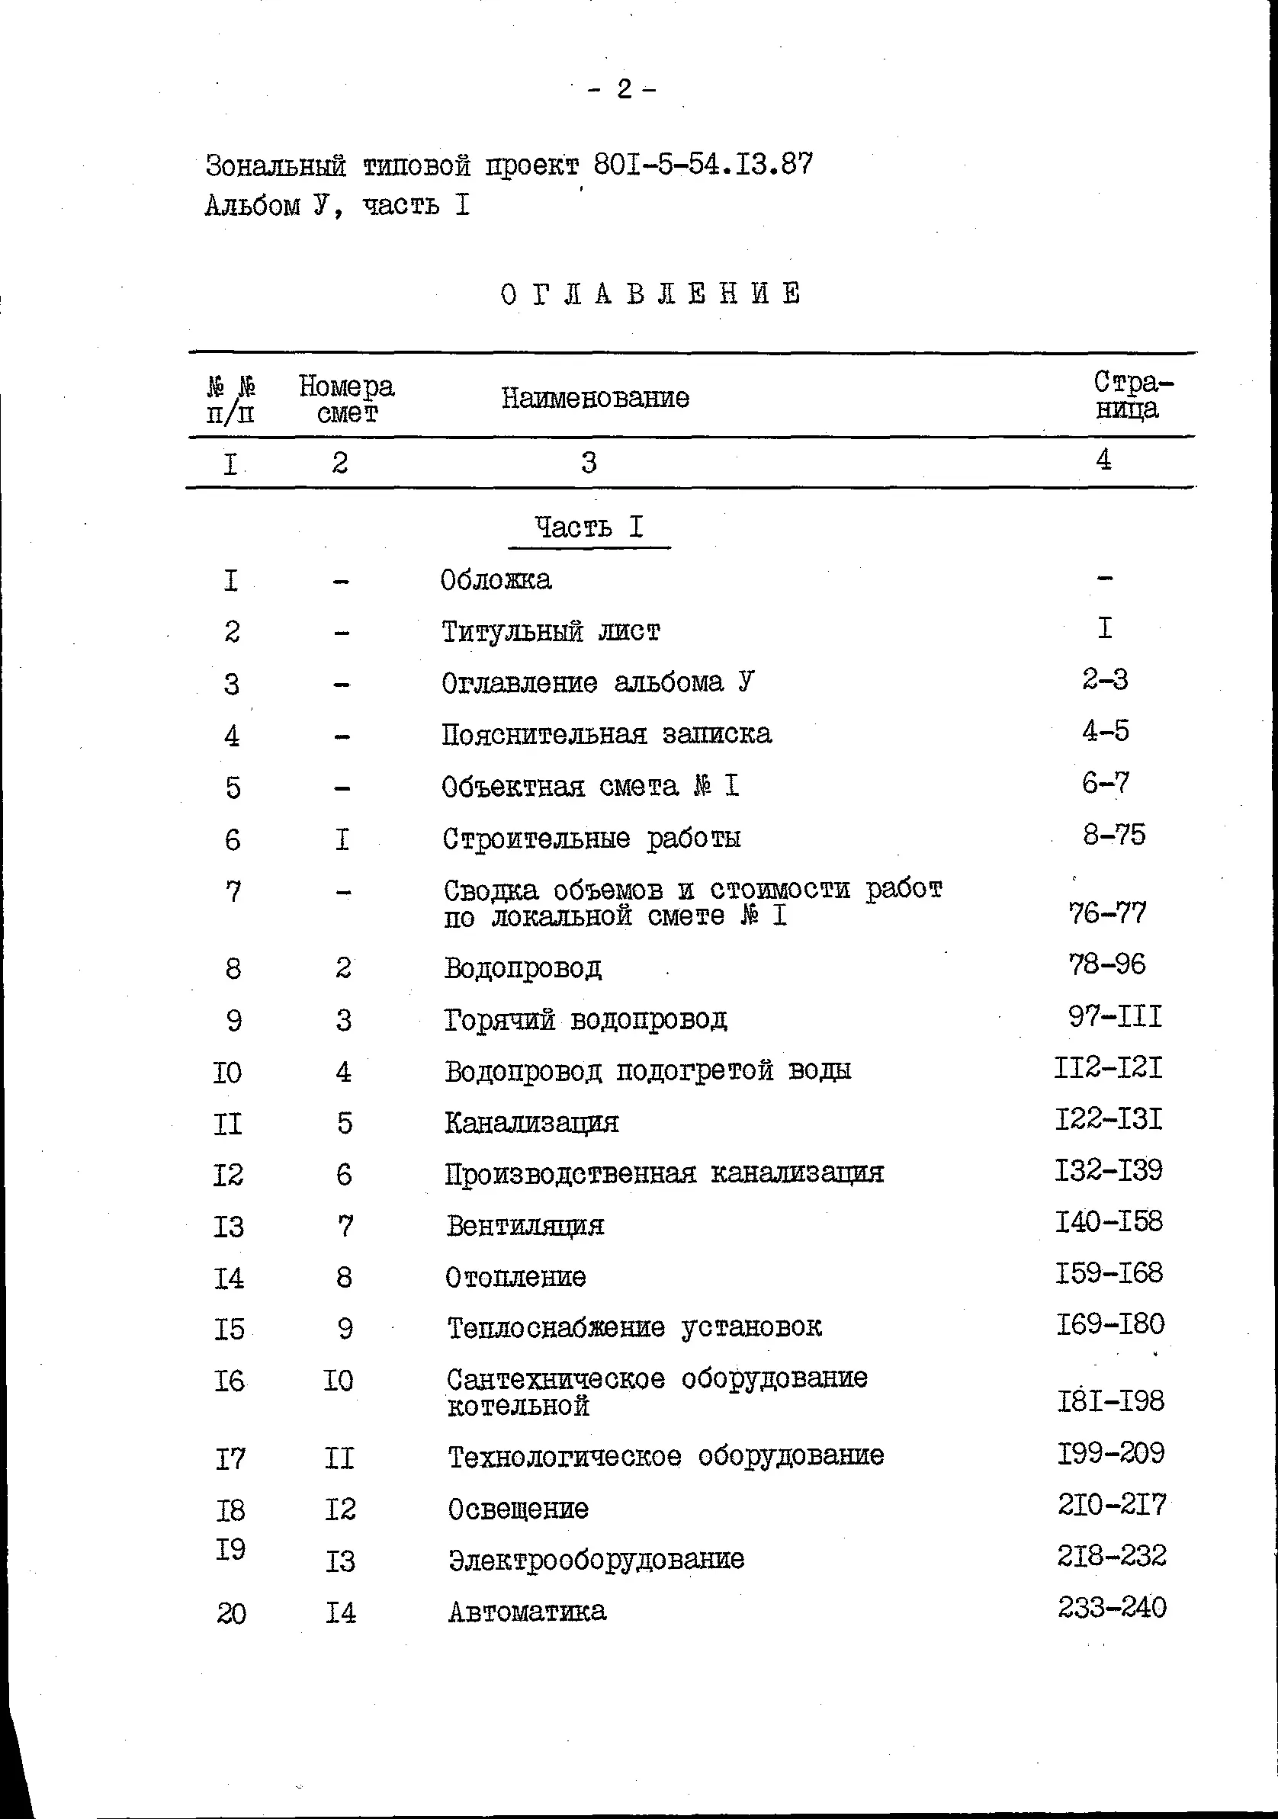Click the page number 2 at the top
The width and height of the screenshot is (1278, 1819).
[x=624, y=89]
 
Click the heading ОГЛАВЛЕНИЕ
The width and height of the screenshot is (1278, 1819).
[x=651, y=294]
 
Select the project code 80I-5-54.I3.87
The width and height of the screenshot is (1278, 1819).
[x=703, y=164]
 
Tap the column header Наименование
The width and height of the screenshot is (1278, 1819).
[x=595, y=397]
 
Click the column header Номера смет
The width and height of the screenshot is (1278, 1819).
[x=346, y=399]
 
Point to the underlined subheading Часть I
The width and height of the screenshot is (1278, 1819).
[x=589, y=528]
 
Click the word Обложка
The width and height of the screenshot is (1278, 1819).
[x=496, y=580]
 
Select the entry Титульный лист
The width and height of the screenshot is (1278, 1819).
[x=550, y=631]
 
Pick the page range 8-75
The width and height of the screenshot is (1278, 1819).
[x=1114, y=834]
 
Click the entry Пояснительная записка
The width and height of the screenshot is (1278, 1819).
[x=606, y=734]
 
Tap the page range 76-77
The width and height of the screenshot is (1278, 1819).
[x=1107, y=913]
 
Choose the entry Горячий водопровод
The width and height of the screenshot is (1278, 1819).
[x=586, y=1019]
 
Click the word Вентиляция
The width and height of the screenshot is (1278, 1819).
[x=525, y=1226]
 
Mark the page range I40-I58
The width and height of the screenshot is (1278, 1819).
[x=1109, y=1221]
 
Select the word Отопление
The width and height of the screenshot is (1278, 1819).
[x=515, y=1277]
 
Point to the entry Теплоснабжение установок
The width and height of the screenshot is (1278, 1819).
[x=634, y=1327]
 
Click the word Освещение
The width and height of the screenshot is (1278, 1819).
[x=519, y=1509]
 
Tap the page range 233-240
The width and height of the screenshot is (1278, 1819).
[x=1112, y=1608]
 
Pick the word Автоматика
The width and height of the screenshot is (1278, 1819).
[x=528, y=1612]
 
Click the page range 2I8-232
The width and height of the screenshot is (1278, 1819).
[x=1112, y=1556]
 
